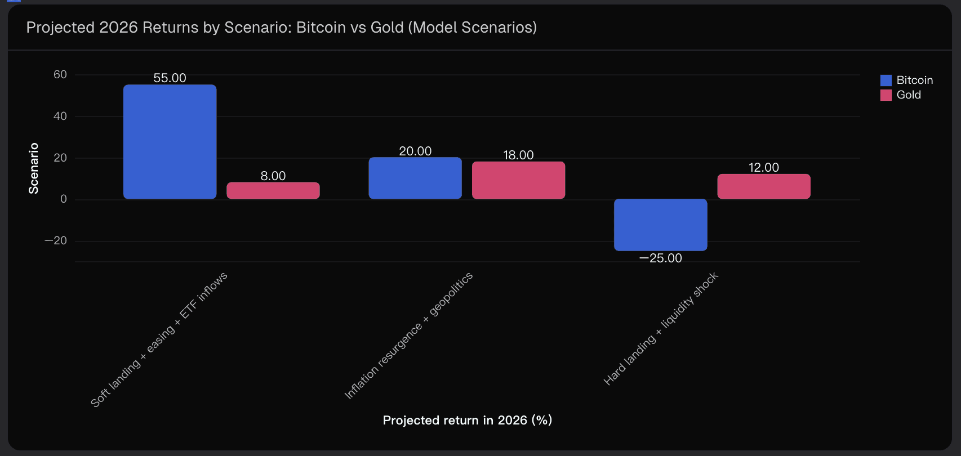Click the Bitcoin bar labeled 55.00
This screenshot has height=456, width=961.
[x=170, y=142]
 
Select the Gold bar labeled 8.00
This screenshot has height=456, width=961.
[x=273, y=190]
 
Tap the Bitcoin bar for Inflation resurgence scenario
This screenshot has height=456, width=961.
[x=415, y=178]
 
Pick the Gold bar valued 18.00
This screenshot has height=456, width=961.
[x=518, y=180]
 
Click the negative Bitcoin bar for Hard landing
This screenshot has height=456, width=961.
[x=660, y=225]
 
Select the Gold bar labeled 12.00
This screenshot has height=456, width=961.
[x=764, y=186]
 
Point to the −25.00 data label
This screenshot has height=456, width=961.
[x=660, y=258]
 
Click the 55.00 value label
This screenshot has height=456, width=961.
[x=170, y=78]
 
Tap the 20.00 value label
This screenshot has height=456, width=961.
[x=415, y=151]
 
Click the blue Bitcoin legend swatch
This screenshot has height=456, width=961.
[x=886, y=81]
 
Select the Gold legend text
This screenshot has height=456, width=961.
[x=909, y=95]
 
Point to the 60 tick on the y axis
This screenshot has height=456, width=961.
[x=60, y=75]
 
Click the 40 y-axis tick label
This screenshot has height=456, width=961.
[x=60, y=117]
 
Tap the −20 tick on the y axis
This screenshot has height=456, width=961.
[x=56, y=241]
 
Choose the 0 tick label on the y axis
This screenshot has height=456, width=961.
[x=64, y=199]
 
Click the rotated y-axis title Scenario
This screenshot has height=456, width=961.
[x=34, y=168]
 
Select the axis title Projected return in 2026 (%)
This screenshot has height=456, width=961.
[x=468, y=421]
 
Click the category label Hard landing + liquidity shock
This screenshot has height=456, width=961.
[x=661, y=329]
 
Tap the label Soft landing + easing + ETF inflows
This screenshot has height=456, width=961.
[x=159, y=339]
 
